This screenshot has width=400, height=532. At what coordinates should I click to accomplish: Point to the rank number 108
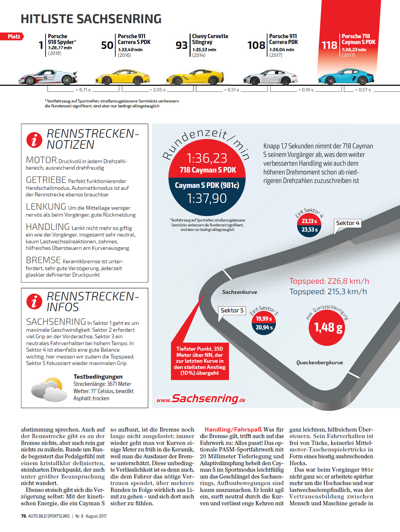click(256, 45)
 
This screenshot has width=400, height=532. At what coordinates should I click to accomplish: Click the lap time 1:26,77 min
click(60, 48)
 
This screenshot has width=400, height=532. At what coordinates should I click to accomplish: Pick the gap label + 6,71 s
click(83, 90)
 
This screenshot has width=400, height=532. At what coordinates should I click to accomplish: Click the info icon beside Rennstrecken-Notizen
click(34, 140)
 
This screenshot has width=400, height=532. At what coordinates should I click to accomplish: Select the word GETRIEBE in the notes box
click(46, 180)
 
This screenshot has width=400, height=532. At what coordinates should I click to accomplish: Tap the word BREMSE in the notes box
click(43, 260)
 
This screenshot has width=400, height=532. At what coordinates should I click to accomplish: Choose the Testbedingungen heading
click(98, 377)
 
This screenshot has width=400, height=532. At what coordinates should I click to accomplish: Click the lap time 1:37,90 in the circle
click(207, 198)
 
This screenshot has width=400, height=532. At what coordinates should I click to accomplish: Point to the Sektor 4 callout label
click(348, 223)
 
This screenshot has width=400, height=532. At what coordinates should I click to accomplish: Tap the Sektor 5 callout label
click(232, 311)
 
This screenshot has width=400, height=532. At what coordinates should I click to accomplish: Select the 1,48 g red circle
click(327, 327)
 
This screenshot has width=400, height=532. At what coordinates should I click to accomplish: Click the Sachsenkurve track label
click(239, 292)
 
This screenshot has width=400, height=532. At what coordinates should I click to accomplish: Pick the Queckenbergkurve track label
click(319, 363)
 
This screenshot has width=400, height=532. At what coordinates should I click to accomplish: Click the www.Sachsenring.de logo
click(201, 399)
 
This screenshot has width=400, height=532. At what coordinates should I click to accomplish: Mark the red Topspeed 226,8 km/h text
click(329, 281)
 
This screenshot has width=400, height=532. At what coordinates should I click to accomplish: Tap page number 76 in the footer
click(23, 516)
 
